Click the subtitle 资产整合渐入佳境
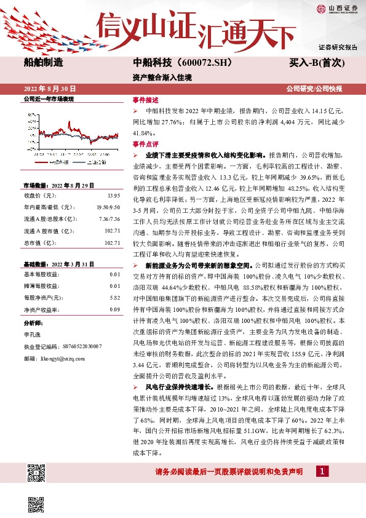click(x=154, y=78)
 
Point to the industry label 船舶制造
click(x=44, y=63)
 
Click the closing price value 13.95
click(x=113, y=195)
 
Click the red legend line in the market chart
click(x=42, y=162)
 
